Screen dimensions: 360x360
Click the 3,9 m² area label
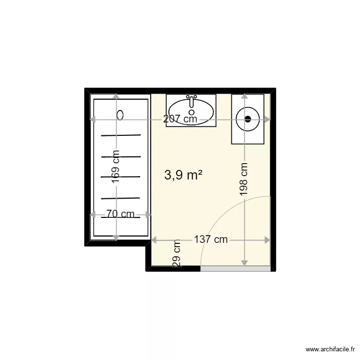183,176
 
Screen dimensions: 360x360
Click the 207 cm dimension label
180,119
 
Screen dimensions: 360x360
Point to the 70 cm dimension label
120,214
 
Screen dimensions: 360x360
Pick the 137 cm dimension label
211,240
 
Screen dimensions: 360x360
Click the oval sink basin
192,111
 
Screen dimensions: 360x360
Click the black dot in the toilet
248,119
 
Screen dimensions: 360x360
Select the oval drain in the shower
120,115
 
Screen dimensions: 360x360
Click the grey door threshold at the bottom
235,269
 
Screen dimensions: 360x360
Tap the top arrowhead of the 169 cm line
116,97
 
